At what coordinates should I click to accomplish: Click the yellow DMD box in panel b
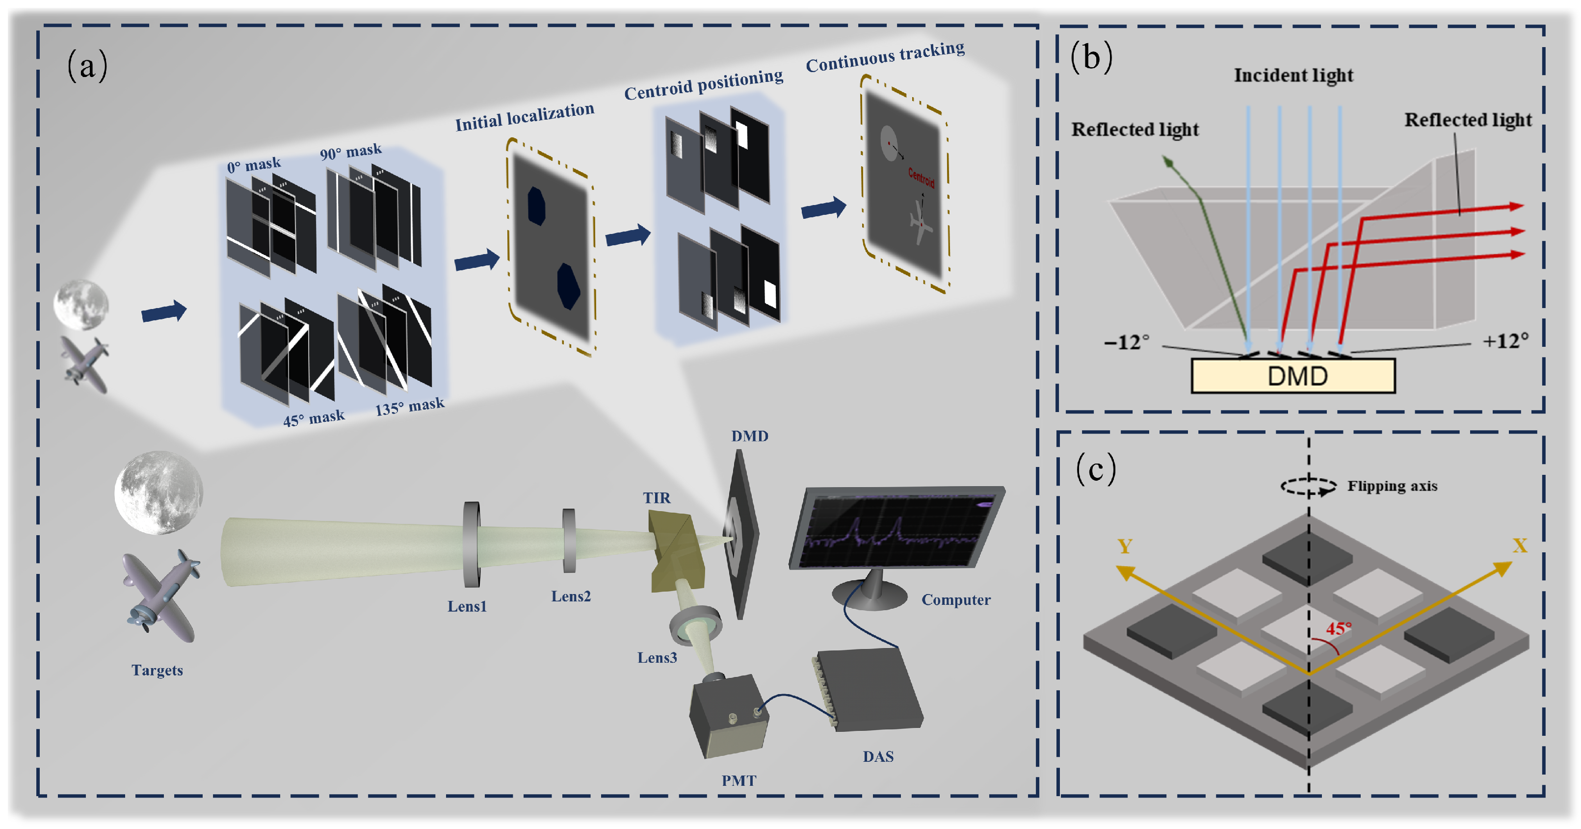pos(1292,376)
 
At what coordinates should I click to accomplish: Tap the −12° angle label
pos(1127,342)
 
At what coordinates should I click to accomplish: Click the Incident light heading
pos(1293,75)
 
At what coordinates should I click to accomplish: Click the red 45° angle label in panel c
pos(1339,628)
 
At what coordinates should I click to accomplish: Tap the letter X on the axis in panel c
pos(1520,545)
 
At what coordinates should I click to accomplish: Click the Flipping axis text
pos(1392,486)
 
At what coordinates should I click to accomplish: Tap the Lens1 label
pos(467,606)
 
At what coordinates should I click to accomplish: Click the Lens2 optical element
pos(569,540)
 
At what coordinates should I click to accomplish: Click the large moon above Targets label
pos(159,492)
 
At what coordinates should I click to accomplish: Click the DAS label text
pos(878,756)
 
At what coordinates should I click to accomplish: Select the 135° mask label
pos(409,406)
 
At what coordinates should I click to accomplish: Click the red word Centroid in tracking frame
pos(921,178)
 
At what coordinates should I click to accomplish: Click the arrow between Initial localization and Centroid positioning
pos(627,235)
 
